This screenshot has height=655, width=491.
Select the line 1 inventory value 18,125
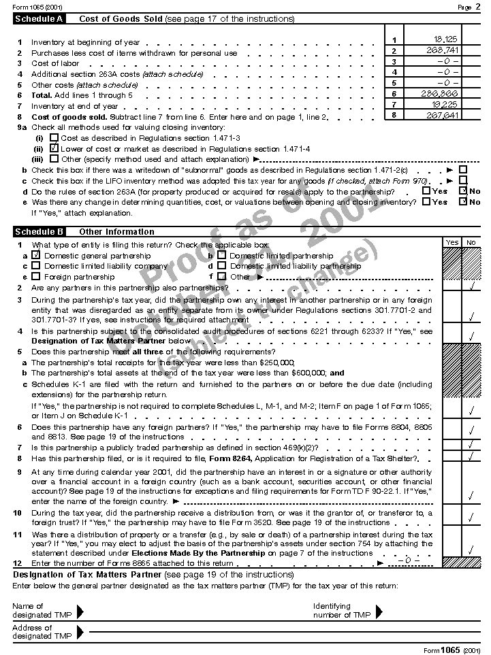(446, 40)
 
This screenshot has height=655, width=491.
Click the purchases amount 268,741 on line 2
(445, 50)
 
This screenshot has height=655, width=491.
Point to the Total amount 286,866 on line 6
(444, 93)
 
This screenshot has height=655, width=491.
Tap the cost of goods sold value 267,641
(444, 115)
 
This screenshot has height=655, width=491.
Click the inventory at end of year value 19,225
(446, 104)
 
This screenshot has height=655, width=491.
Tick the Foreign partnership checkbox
(37, 277)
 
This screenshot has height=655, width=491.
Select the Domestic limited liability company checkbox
(37, 266)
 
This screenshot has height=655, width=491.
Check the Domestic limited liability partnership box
(221, 266)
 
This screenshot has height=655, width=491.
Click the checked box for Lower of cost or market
(54, 148)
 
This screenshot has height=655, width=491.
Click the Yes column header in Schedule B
(452, 242)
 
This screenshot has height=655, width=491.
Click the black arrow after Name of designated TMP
(80, 611)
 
